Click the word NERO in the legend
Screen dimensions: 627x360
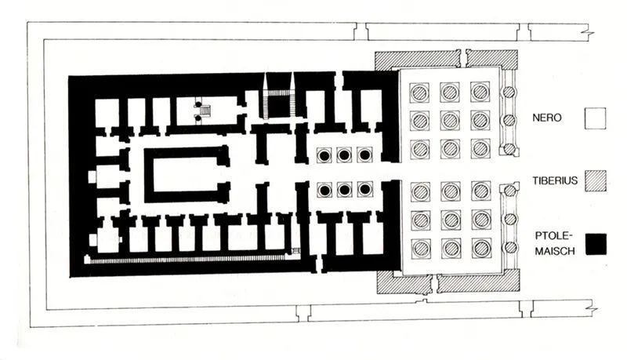click(546, 118)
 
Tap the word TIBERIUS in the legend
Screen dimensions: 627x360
click(555, 180)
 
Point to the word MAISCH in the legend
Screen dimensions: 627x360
click(555, 251)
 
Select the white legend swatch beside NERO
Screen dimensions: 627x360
click(595, 118)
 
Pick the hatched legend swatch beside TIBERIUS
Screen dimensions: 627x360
click(595, 181)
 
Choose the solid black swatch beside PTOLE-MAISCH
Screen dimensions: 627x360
click(596, 245)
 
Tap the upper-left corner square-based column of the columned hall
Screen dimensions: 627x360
click(419, 93)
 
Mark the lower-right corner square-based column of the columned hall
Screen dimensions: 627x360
click(481, 249)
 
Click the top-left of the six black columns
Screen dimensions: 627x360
click(324, 155)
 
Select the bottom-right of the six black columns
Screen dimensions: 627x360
click(364, 190)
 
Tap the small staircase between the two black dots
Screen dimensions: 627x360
click(205, 110)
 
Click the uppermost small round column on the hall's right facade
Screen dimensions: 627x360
click(509, 93)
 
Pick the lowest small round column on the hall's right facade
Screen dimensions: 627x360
click(510, 248)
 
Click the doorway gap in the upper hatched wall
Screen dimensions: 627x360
click(463, 58)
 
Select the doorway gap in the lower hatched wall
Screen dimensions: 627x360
click(434, 283)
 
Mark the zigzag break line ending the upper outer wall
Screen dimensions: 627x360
click(589, 31)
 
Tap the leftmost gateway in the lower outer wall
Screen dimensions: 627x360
click(303, 312)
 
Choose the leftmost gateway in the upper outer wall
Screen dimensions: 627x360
click(361, 31)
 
